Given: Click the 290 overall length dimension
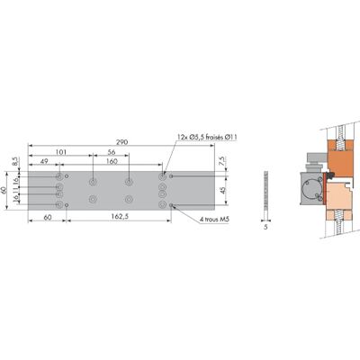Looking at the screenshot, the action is (x=122, y=142).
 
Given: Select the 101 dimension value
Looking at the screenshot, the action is (x=61, y=152).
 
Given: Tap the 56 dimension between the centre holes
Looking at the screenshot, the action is (x=112, y=152).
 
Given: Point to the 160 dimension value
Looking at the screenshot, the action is (x=112, y=161).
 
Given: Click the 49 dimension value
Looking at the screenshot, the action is (x=44, y=161).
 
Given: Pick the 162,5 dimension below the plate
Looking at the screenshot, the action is (x=120, y=217).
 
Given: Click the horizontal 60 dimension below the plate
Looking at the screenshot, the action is (x=48, y=217).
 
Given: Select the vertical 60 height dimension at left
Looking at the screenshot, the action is (x=4, y=191).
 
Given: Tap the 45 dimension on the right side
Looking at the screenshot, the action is (x=222, y=191).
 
